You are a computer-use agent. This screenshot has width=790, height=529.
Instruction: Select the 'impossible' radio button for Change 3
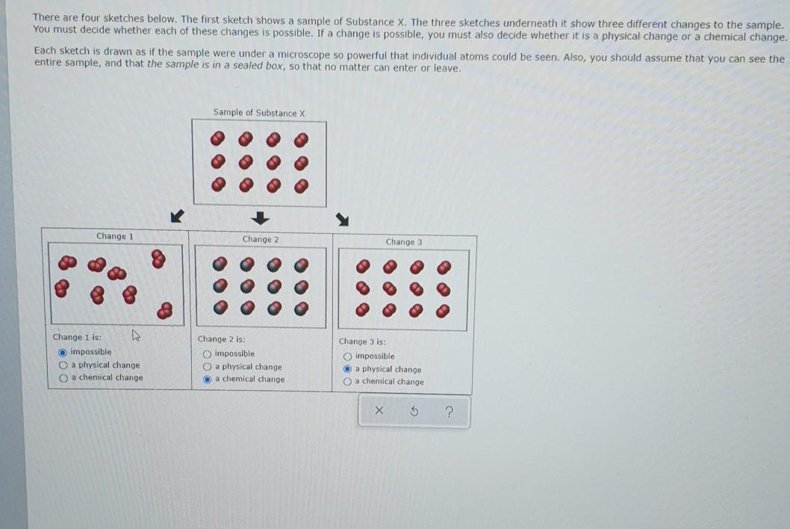[347, 356]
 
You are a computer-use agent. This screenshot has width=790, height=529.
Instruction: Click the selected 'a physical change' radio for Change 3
[347, 369]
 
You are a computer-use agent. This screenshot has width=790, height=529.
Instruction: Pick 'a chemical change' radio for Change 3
[347, 382]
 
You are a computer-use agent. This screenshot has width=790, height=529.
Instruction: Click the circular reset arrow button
[414, 411]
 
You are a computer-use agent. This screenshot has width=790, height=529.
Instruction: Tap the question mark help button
[450, 411]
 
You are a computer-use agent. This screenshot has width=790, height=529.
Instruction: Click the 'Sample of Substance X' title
[259, 113]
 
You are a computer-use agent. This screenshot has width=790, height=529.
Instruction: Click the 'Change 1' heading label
[114, 236]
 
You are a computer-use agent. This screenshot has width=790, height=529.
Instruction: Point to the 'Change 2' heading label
[260, 239]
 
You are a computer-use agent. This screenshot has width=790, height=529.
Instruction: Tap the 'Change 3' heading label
[404, 242]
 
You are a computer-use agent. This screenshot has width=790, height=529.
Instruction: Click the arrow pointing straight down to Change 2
[259, 218]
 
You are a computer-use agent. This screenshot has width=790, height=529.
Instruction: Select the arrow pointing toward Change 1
[176, 217]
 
